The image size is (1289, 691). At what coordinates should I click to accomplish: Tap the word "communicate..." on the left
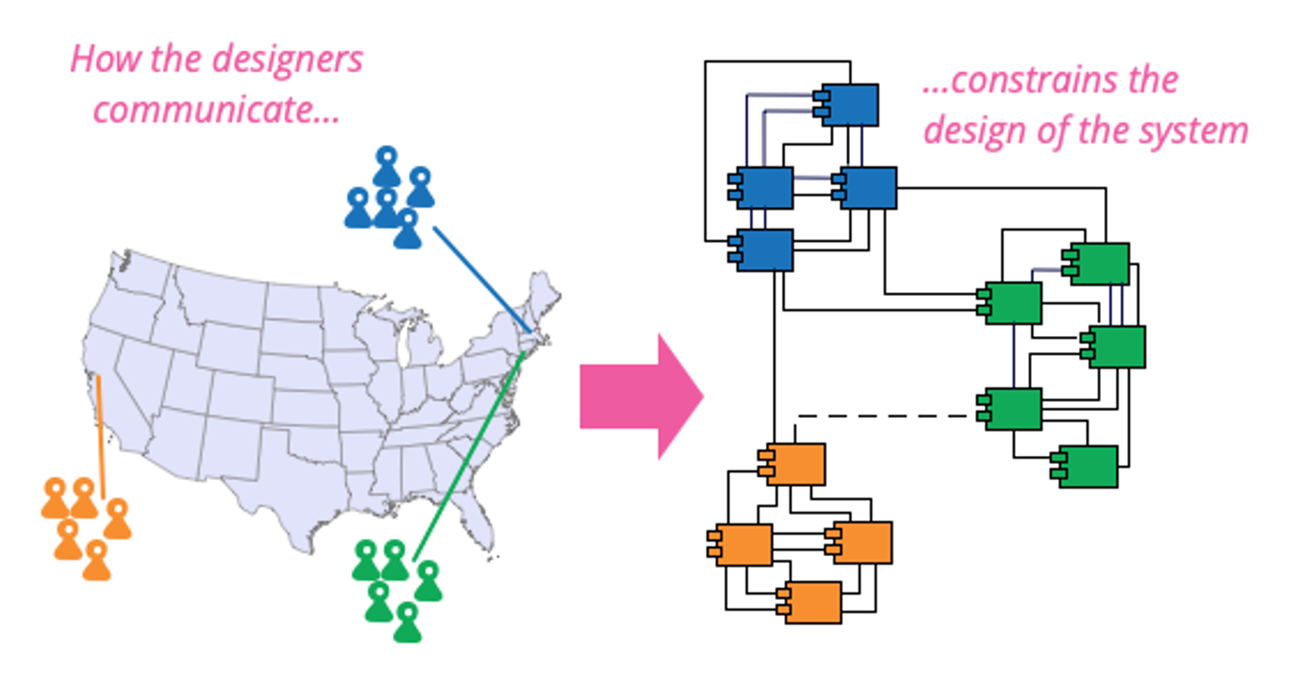click(x=216, y=110)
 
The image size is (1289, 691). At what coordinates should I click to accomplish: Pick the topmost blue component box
click(x=850, y=105)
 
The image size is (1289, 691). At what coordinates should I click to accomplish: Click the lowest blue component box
click(x=764, y=250)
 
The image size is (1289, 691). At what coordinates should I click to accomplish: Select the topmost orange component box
click(x=795, y=464)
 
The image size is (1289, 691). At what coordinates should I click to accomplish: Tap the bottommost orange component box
click(x=812, y=602)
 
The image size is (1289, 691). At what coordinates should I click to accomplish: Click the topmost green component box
click(x=1099, y=263)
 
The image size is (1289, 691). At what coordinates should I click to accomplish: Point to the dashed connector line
click(x=887, y=416)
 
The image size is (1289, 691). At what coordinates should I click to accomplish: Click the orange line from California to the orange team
click(x=100, y=436)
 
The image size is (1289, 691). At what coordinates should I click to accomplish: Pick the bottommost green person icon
click(x=407, y=623)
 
